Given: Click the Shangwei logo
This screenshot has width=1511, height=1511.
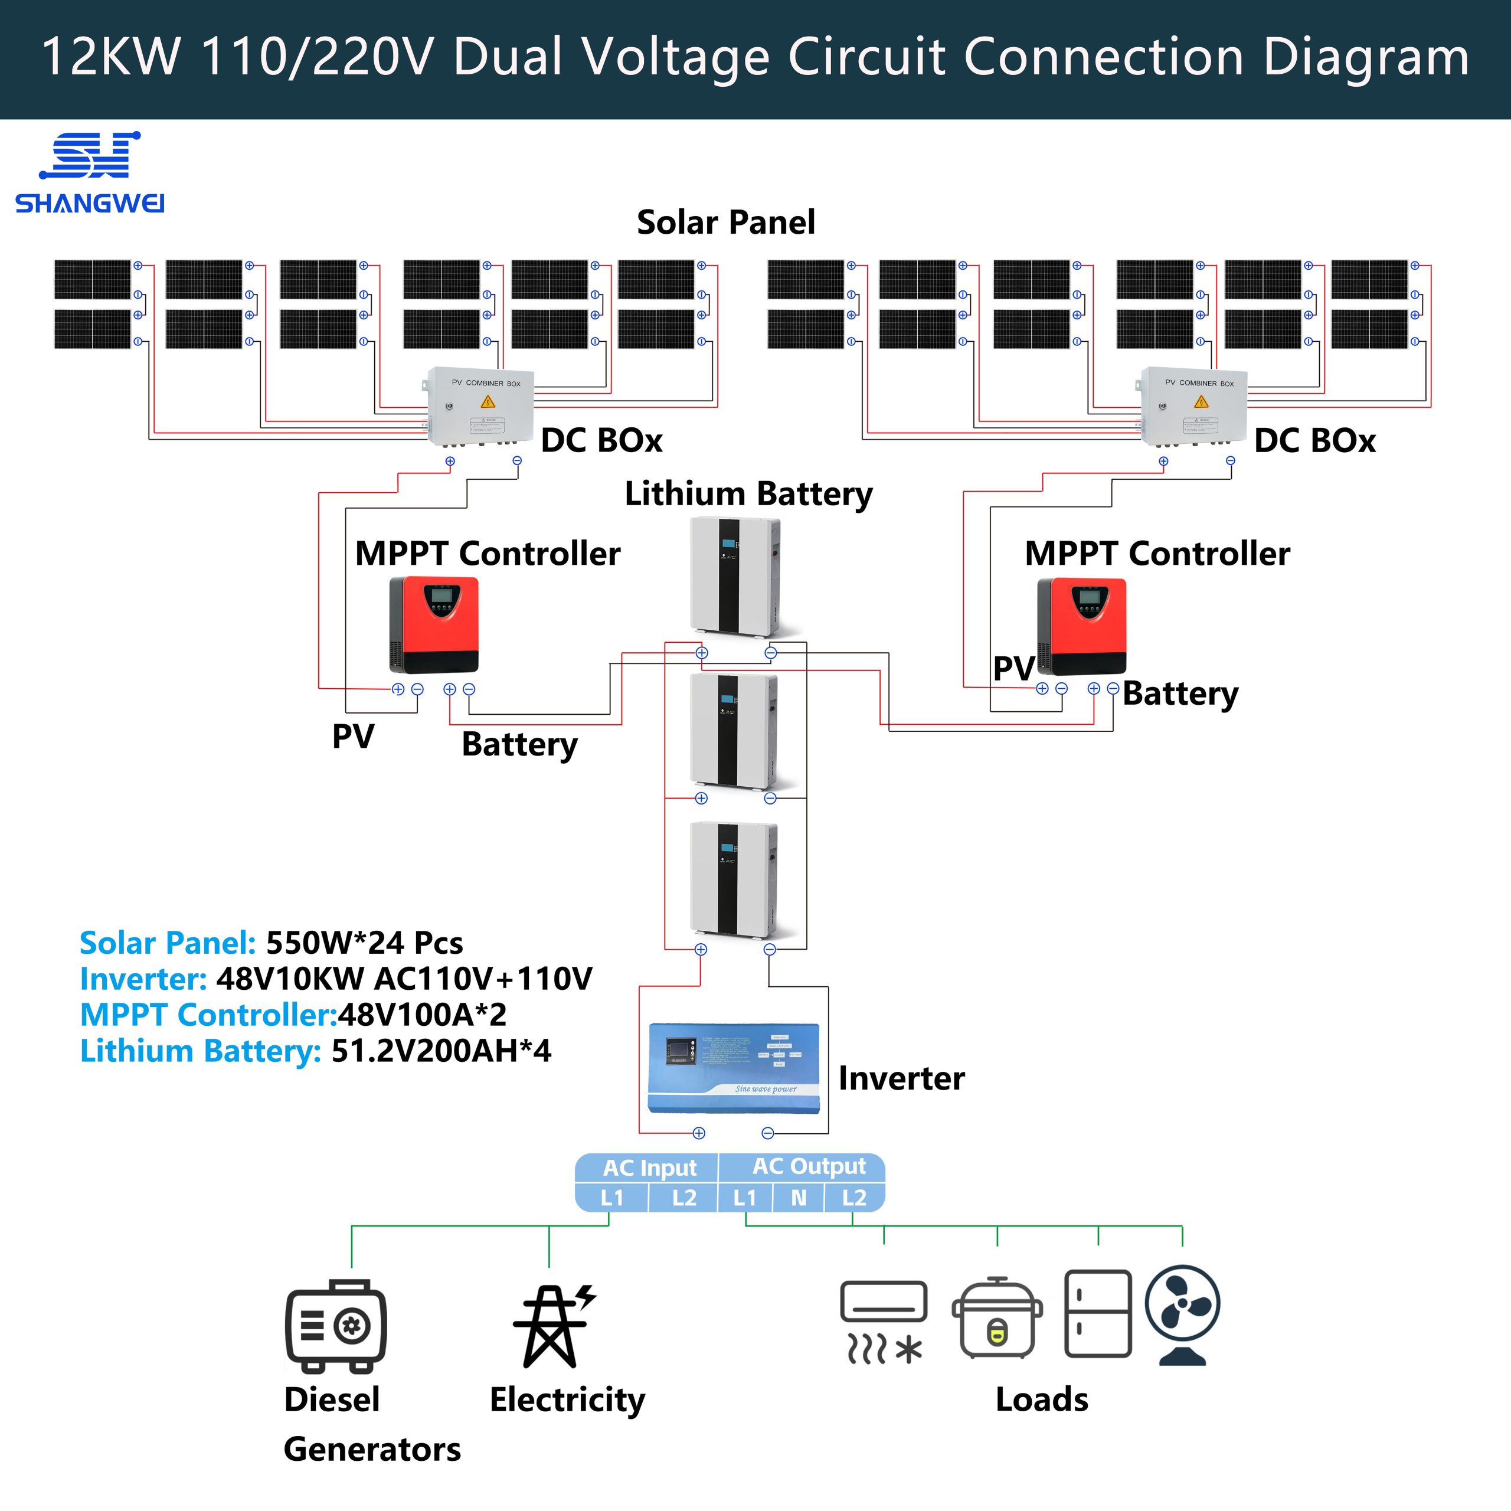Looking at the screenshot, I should point(90,172).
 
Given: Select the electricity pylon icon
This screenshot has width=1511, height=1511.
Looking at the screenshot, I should point(552,1326).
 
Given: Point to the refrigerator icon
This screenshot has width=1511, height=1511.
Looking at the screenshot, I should point(1098,1314).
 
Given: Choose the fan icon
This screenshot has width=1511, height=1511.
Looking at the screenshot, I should point(1182,1314).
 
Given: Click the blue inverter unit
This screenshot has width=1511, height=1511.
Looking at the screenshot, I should point(734,1068).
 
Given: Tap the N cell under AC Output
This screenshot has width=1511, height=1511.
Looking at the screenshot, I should point(799,1198).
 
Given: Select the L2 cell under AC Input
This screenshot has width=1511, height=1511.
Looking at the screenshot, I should point(683,1198).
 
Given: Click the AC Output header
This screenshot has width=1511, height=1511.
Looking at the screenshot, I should point(809,1166).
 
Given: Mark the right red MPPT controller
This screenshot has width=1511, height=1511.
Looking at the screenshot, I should point(1082,626).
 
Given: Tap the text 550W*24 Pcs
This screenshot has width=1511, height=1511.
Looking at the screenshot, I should point(364,943).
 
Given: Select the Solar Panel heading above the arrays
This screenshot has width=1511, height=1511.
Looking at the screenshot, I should point(726,222).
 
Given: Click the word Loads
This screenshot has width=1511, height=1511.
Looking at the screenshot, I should point(1042,1399).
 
